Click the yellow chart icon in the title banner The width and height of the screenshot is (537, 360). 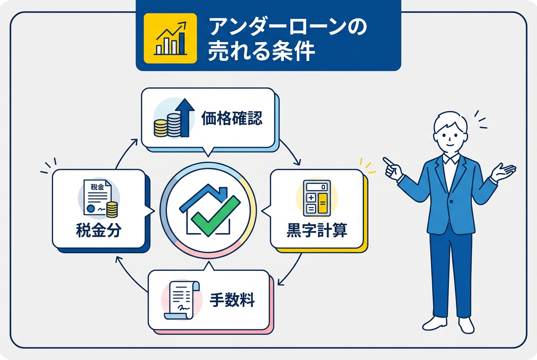[x=170, y=38]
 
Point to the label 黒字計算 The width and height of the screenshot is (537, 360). [x=317, y=231]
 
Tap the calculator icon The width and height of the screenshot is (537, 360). [x=317, y=197]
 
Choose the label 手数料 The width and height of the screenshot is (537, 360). [x=232, y=301]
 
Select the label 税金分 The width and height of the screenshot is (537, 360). [x=99, y=231]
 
